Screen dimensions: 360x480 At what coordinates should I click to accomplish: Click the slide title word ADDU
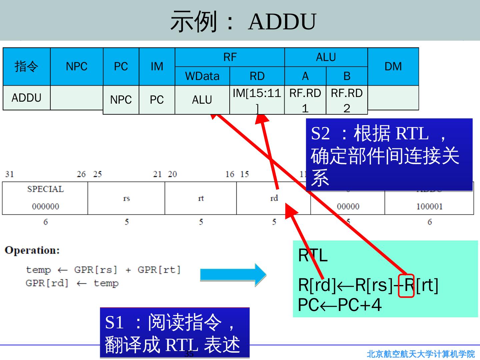[x=282, y=22]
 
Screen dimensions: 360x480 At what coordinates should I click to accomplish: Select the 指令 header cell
[x=26, y=66]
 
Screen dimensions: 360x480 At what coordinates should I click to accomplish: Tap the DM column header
[x=393, y=66]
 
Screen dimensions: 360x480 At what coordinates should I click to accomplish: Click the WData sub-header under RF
[x=202, y=76]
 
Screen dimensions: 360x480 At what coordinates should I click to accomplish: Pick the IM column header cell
[x=157, y=66]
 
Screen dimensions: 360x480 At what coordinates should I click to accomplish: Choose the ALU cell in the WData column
[x=202, y=100]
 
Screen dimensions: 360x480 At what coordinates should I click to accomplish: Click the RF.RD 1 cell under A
[x=305, y=100]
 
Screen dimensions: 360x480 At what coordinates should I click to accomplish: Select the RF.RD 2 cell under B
[x=347, y=100]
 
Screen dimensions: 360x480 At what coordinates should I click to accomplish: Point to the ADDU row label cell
[x=26, y=98]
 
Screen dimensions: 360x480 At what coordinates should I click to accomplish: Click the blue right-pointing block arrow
[x=233, y=275]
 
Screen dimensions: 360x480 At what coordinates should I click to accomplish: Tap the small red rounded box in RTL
[x=406, y=285]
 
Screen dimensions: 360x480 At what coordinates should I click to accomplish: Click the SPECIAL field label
[x=45, y=189]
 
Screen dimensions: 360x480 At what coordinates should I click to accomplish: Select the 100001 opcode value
[x=429, y=206]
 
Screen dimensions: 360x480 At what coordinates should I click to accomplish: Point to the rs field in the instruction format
[x=126, y=198]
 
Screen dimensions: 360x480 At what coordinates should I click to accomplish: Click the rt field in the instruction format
[x=201, y=198]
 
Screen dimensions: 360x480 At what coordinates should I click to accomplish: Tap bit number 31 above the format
[x=9, y=174]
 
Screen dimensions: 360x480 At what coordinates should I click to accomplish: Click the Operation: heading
[x=32, y=250]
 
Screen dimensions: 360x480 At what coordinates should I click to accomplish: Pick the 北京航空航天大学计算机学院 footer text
[x=421, y=354]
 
